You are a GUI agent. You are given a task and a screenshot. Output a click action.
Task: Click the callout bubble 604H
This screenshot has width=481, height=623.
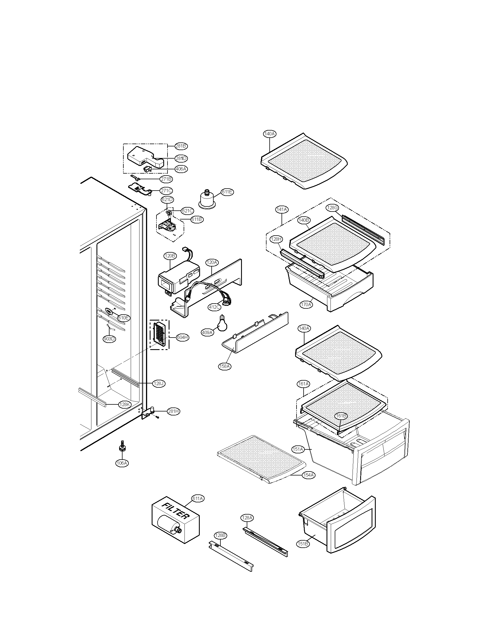click(182, 337)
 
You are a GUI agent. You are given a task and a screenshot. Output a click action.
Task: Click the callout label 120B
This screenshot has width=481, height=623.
click(170, 256)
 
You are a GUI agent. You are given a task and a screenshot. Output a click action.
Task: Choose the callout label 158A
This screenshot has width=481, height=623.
click(225, 366)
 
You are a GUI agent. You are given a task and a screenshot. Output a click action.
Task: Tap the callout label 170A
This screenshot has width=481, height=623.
click(306, 304)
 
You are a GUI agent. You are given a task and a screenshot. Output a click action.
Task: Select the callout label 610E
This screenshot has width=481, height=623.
click(124, 318)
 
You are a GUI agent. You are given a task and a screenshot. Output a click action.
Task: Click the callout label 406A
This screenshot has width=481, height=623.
click(181, 169)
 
